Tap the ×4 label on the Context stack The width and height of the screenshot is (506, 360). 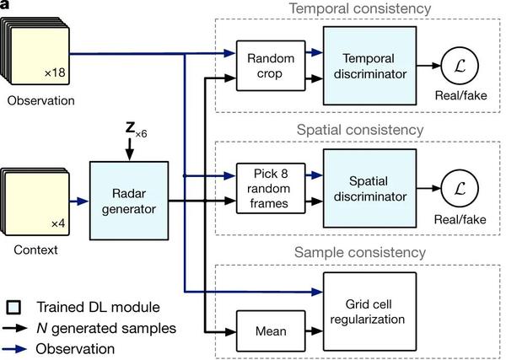57,223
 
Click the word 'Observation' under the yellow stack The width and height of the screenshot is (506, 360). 40,101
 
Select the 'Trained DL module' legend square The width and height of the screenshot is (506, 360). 13,305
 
